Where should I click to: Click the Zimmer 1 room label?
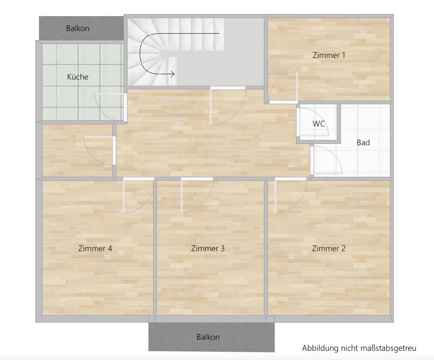pos(329,55)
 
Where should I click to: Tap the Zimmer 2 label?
pos(329,249)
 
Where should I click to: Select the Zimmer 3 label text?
pos(207,249)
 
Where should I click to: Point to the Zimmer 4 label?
pos(95,249)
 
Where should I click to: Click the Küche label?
pos(77,77)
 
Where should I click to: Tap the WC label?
pos(318,123)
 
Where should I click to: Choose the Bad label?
pos(363,142)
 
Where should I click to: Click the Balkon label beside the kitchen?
pos(77,28)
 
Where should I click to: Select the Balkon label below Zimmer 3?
pos(208,337)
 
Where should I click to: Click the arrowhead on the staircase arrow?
pos(172,74)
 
